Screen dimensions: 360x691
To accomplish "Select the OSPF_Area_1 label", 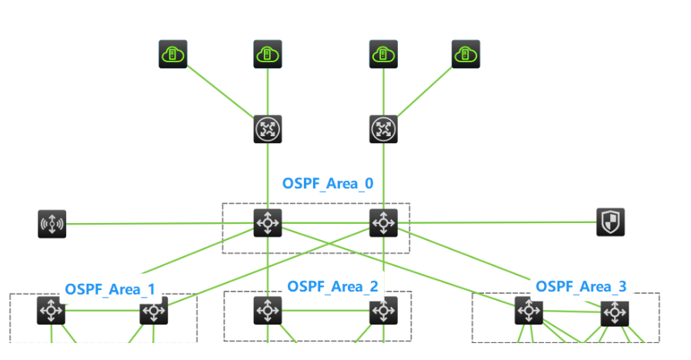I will coord(110,289).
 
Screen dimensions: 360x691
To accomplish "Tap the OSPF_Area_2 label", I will coord(332,286).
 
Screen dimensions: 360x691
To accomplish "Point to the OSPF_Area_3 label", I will coord(581,286).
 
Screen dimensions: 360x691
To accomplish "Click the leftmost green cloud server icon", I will coord(173,55).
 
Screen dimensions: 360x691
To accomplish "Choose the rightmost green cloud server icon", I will coord(465,54).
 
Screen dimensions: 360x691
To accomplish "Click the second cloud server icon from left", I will coord(268,55).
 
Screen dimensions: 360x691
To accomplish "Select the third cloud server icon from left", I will coord(383,54).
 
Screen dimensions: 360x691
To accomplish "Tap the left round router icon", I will coord(268,129).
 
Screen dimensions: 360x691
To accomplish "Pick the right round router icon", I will coord(383,129).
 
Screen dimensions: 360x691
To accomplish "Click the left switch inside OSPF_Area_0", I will coord(268,223).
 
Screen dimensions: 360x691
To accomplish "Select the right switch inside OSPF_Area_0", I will coord(383,223).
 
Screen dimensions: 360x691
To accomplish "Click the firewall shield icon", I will coord(610,222).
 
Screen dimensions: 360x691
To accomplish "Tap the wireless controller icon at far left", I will coord(52,224).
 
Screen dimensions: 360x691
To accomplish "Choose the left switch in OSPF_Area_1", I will coord(52,311).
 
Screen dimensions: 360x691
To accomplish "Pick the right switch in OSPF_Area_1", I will coord(153,312).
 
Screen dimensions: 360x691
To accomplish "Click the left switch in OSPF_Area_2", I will coord(268,311).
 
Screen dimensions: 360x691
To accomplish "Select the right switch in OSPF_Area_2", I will coord(383,311).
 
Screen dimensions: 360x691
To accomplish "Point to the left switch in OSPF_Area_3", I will coord(529,311).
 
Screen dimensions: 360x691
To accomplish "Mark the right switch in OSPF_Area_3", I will coord(615,313).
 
